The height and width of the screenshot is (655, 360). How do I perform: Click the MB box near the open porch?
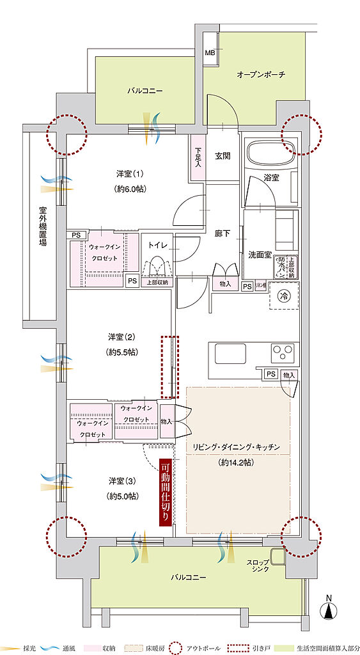click(x=210, y=52)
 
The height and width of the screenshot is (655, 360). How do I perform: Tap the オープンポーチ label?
click(x=260, y=74)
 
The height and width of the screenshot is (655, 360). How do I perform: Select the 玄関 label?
click(x=222, y=155)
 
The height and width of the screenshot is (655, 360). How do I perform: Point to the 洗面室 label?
click(x=260, y=255)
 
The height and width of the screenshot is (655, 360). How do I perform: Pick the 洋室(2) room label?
click(x=120, y=336)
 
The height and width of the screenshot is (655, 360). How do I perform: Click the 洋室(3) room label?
click(x=120, y=480)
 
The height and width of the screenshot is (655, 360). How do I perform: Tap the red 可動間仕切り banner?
click(x=166, y=493)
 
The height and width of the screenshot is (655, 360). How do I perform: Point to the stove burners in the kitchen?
click(x=285, y=352)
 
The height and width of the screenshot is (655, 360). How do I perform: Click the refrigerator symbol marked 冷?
click(x=283, y=295)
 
